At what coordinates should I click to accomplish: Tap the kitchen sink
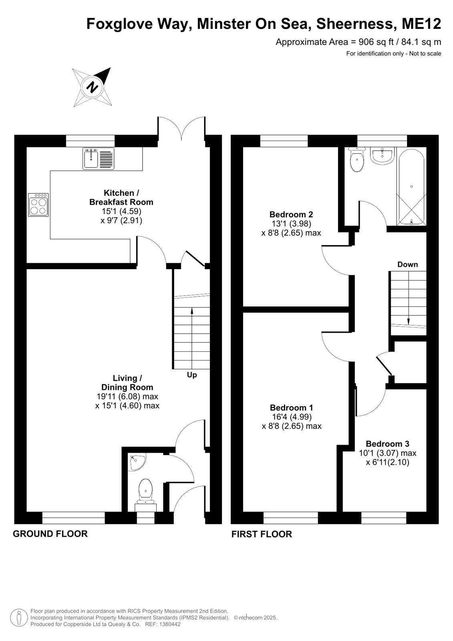pyautogui.click(x=99, y=158)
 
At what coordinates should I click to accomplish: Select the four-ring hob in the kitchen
pyautogui.click(x=38, y=205)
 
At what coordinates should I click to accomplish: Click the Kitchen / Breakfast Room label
pyautogui.click(x=121, y=198)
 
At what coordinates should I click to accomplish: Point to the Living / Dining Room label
pyautogui.click(x=127, y=383)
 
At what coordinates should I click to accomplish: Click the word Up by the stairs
pyautogui.click(x=192, y=375)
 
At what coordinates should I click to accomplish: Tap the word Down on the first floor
pyautogui.click(x=407, y=264)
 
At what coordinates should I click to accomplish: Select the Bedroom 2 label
pyautogui.click(x=291, y=214)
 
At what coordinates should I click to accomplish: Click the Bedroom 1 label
pyautogui.click(x=291, y=407)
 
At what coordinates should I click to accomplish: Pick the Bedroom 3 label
pyautogui.click(x=387, y=444)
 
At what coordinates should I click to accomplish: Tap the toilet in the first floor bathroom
pyautogui.click(x=356, y=159)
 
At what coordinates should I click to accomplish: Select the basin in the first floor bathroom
pyautogui.click(x=383, y=156)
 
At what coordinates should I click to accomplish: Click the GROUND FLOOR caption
pyautogui.click(x=50, y=534)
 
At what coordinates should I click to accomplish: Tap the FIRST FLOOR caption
pyautogui.click(x=262, y=534)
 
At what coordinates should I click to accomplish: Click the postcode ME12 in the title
pyautogui.click(x=421, y=24)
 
